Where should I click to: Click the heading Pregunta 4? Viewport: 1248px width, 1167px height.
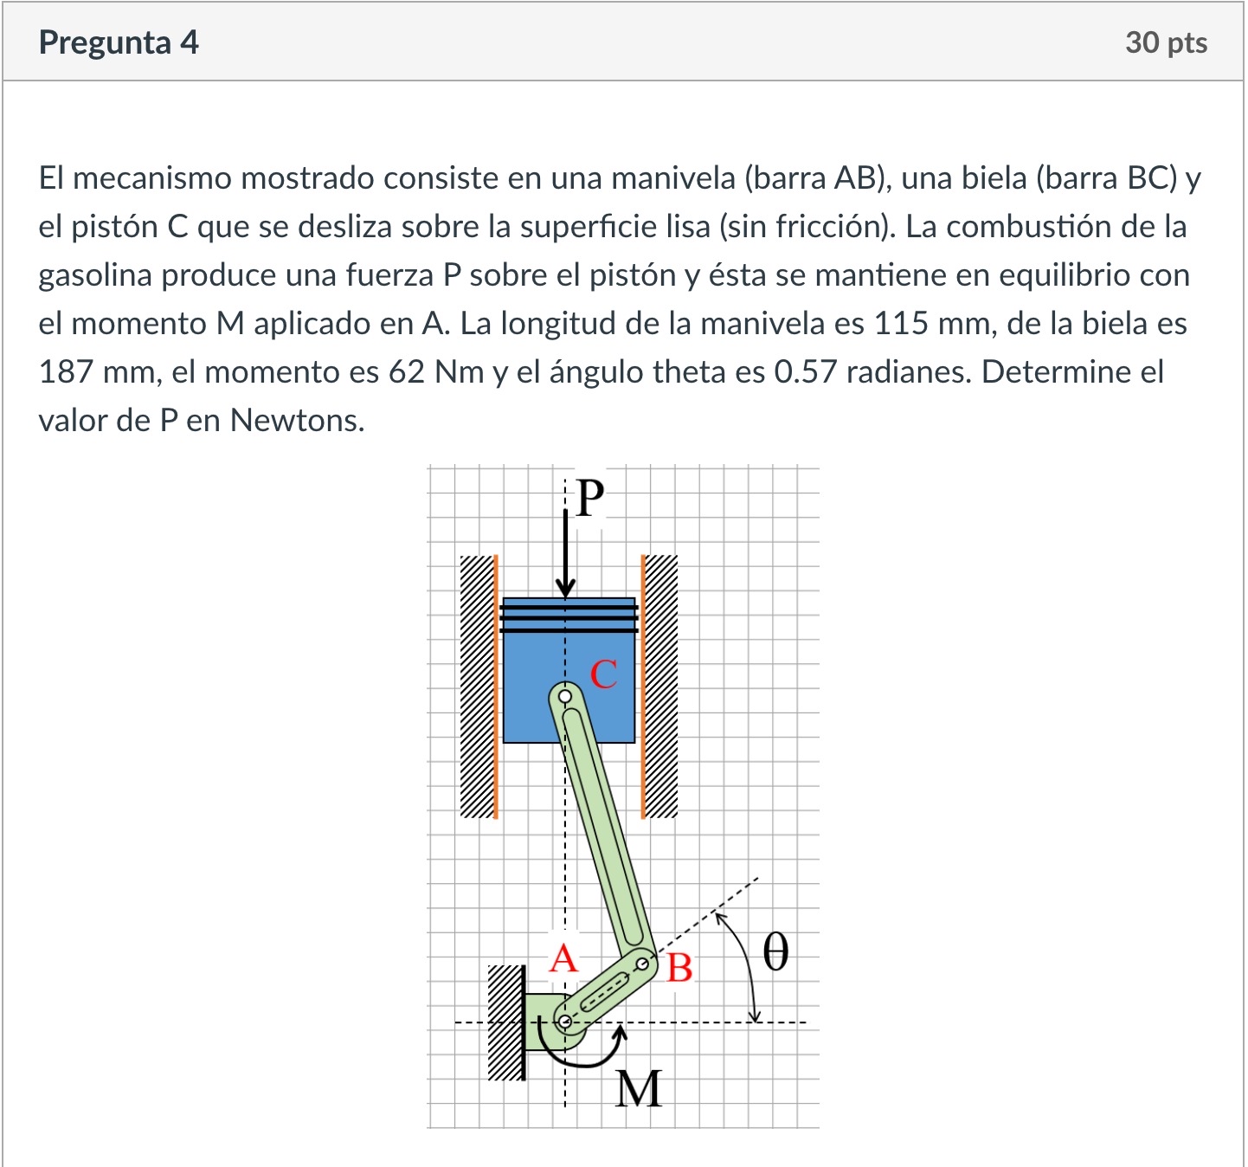point(119,42)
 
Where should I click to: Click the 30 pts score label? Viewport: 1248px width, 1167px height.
point(1166,42)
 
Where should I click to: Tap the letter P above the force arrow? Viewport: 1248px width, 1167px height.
point(589,498)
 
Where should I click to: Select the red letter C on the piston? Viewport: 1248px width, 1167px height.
point(603,674)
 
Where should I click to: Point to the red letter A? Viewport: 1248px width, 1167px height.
point(563,958)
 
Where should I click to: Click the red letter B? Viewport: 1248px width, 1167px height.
point(680,968)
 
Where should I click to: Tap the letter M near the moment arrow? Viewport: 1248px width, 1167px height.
point(639,1089)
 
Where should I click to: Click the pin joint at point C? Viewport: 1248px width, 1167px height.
point(565,696)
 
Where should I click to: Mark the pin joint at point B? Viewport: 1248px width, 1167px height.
point(642,964)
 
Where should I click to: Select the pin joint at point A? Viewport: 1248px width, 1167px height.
point(565,1022)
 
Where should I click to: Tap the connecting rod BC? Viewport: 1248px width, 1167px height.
point(606,831)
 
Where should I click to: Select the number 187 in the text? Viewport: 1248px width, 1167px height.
point(65,372)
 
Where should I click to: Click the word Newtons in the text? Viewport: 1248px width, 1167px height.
point(297,421)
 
